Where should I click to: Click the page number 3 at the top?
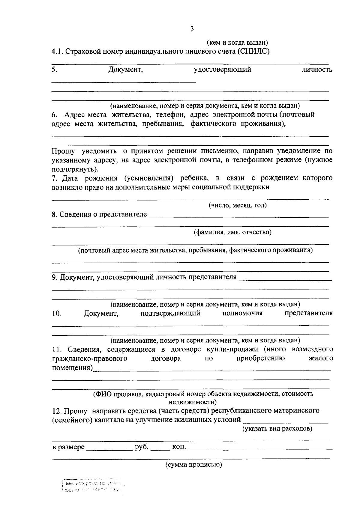click(x=192, y=29)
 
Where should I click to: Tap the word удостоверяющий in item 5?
click(x=222, y=70)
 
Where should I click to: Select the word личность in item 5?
click(x=317, y=70)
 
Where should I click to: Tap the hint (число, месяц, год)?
click(x=238, y=205)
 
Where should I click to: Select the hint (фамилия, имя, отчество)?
click(x=232, y=232)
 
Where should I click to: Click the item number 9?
click(x=55, y=277)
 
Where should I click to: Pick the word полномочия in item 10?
click(x=242, y=314)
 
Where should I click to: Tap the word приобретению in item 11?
click(x=260, y=359)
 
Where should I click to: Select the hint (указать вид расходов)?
click(x=277, y=429)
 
